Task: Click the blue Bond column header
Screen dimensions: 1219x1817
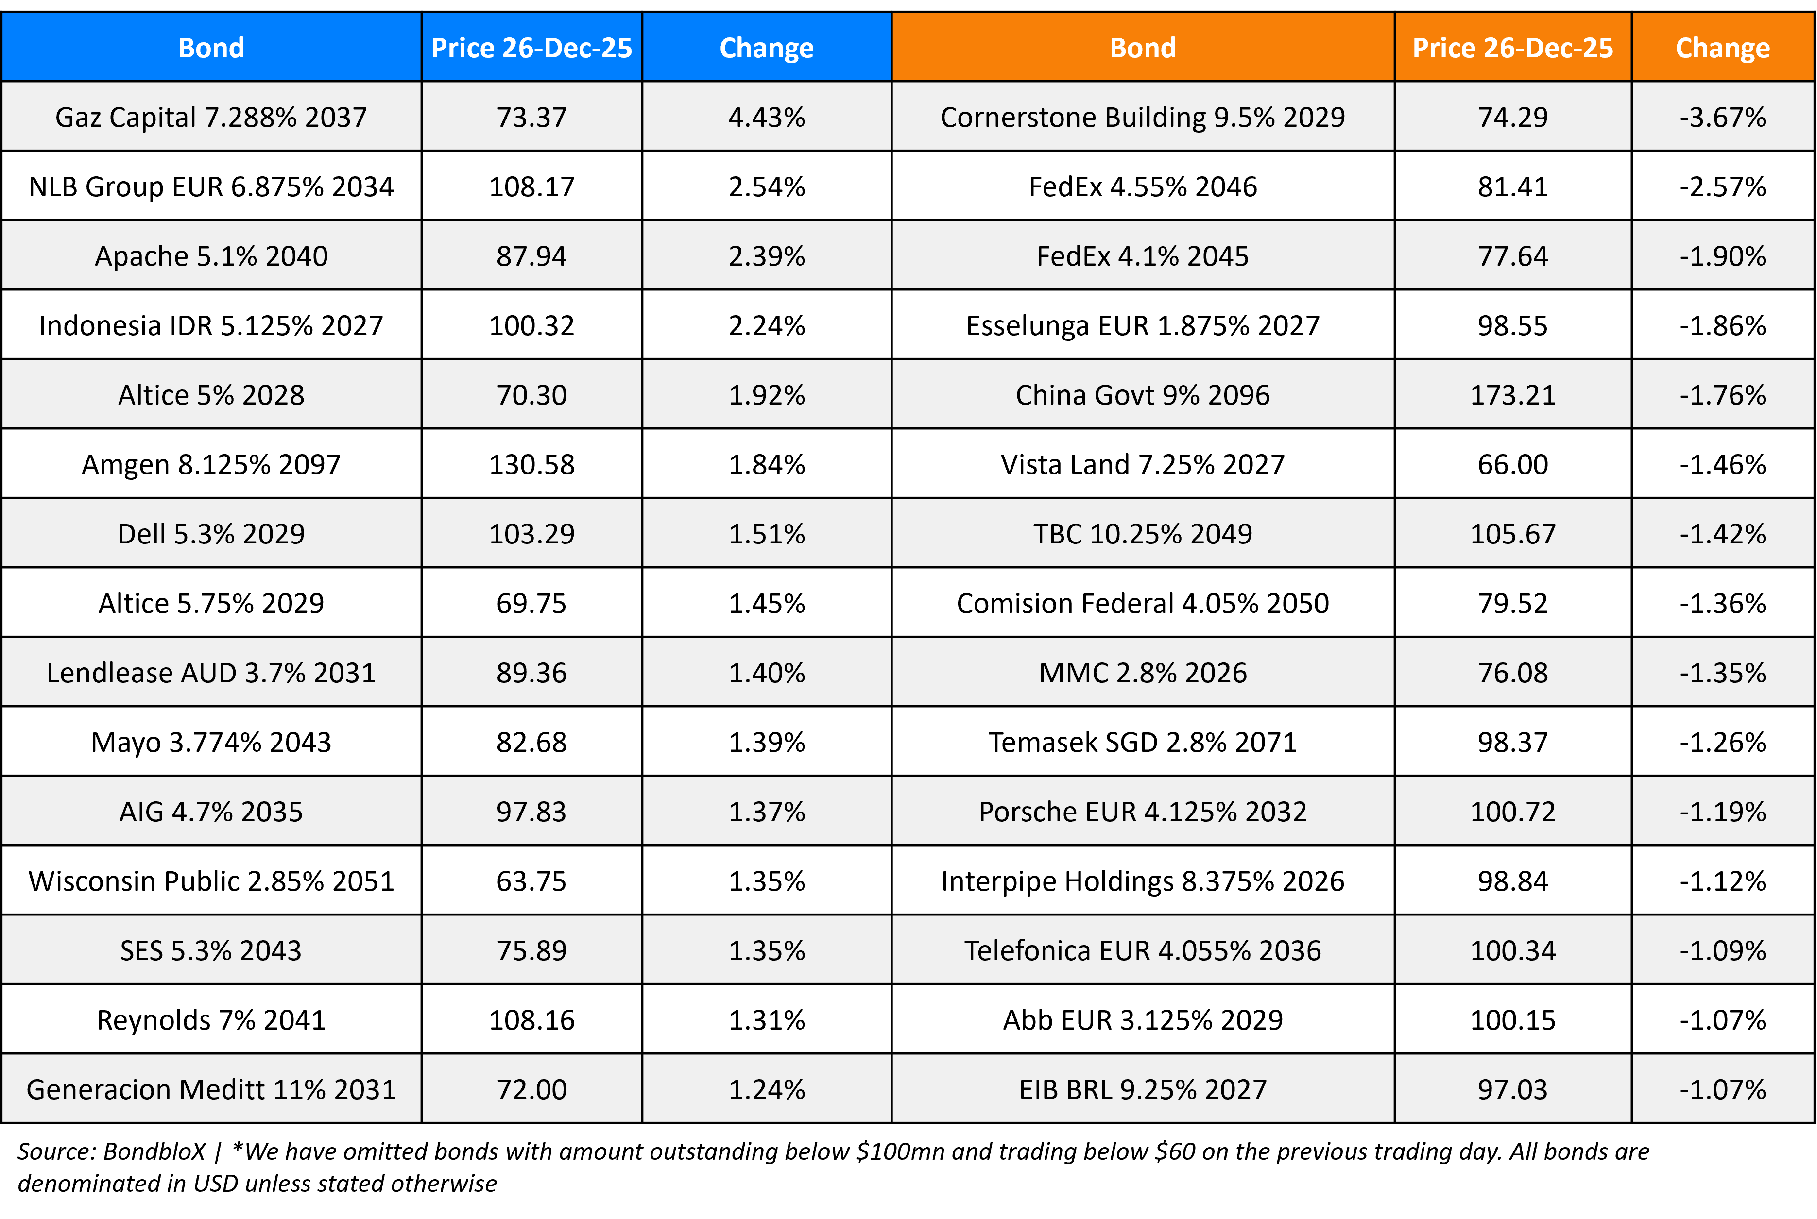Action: (211, 48)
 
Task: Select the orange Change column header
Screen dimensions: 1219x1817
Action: (1722, 48)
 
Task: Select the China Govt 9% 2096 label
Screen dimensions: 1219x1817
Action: (1142, 395)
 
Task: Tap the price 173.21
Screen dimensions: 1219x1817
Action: (1512, 395)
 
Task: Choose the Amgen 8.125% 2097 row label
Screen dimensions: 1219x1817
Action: (211, 464)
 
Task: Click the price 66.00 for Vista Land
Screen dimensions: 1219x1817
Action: (1512, 464)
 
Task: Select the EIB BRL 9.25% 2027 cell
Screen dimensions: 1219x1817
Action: (1142, 1089)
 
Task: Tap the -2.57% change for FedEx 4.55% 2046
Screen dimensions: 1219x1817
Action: (1722, 186)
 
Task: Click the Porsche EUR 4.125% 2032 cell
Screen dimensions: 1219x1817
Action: (1142, 812)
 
